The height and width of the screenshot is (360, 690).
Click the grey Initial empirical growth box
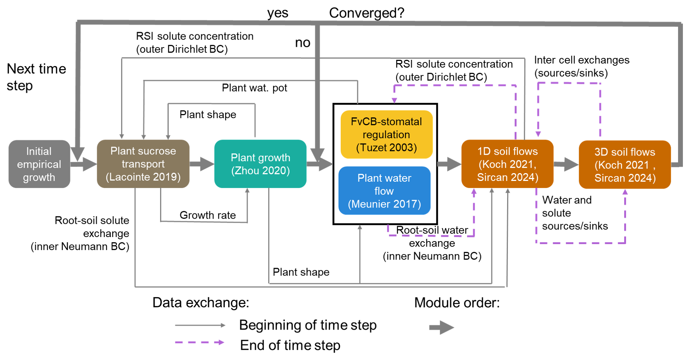tap(39, 164)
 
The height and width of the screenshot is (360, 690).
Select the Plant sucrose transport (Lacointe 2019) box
tap(143, 164)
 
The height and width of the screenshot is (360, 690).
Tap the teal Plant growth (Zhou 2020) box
tap(260, 164)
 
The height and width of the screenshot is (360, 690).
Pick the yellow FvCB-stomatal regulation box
tap(386, 135)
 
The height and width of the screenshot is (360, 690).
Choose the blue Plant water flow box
tap(384, 191)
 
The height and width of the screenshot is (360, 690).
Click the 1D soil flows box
tap(507, 164)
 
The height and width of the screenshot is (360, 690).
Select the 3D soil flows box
tap(625, 164)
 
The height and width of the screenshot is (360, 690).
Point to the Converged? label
tap(367, 13)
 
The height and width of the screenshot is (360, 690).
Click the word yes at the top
tap(277, 13)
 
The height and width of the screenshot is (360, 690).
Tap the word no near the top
tap(303, 43)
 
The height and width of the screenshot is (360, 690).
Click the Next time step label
tap(36, 77)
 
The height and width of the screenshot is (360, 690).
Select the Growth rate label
tap(208, 215)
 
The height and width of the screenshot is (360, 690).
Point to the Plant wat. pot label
tap(254, 88)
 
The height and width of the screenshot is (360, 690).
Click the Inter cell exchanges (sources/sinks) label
tap(582, 66)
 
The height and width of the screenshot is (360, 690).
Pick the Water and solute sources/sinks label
tap(575, 213)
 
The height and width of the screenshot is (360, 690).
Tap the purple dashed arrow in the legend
tap(200, 342)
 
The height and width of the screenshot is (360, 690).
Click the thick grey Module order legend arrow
tap(441, 328)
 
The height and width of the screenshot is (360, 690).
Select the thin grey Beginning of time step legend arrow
tap(200, 325)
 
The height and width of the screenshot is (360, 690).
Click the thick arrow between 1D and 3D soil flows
tap(566, 164)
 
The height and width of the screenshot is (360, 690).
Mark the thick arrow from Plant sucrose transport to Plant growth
tap(202, 164)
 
